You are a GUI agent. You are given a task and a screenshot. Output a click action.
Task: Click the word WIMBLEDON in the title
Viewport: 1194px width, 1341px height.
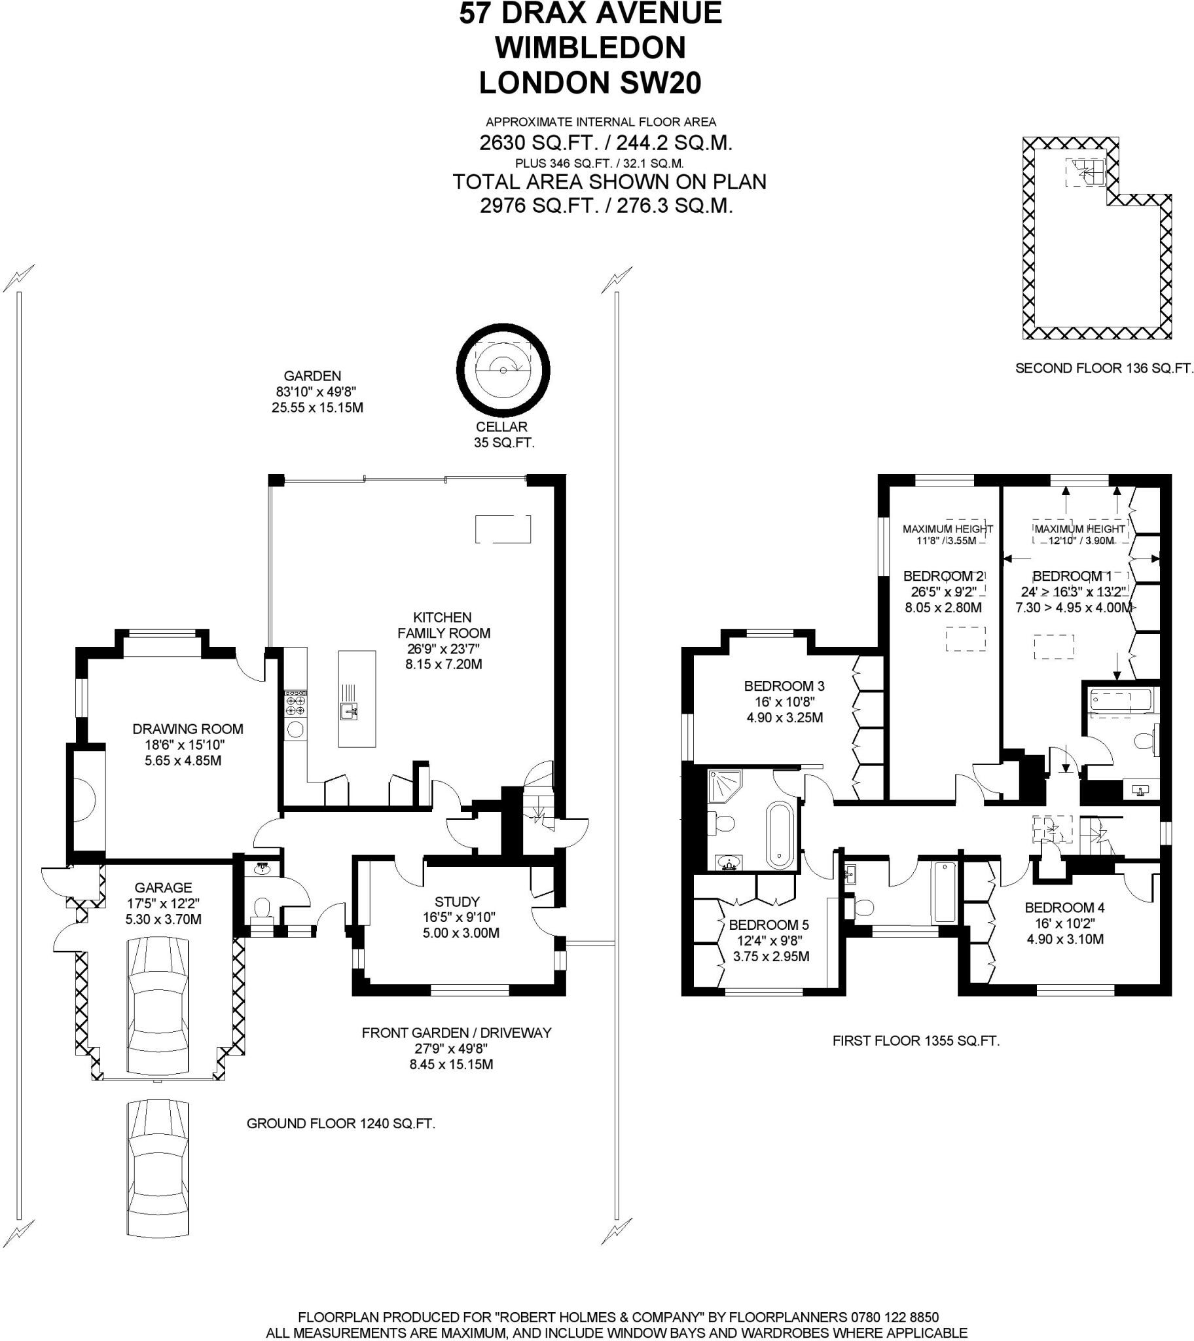pyautogui.click(x=590, y=48)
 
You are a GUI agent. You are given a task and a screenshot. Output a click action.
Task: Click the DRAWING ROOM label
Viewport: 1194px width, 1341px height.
pyautogui.click(x=188, y=729)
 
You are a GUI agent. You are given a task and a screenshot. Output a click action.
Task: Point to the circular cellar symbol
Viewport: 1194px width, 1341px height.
pyautogui.click(x=503, y=371)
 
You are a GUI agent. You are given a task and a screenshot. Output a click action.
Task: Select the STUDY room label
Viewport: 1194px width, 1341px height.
pyautogui.click(x=457, y=902)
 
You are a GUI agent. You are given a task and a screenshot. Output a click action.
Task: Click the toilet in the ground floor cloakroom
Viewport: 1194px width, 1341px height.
pyautogui.click(x=262, y=909)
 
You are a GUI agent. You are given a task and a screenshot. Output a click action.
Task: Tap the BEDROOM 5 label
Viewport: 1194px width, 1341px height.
pyautogui.click(x=769, y=925)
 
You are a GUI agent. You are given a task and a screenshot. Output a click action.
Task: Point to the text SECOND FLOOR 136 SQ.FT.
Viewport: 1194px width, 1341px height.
pyautogui.click(x=1104, y=369)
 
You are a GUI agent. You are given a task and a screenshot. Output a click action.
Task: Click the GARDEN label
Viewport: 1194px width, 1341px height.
pyautogui.click(x=312, y=376)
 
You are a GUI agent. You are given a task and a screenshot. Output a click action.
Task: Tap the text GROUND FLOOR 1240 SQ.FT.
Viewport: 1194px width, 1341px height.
pyautogui.click(x=340, y=1124)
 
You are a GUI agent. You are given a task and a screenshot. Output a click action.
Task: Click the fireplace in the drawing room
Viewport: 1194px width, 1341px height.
pyautogui.click(x=86, y=800)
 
